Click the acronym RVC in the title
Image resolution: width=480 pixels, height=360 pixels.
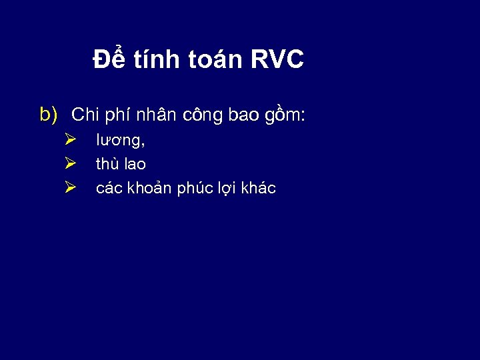tap(277, 59)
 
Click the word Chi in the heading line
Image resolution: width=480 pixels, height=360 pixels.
tap(85, 115)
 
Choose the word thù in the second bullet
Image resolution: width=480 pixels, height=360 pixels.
tap(107, 164)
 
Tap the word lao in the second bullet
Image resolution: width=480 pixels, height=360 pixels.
tap(135, 164)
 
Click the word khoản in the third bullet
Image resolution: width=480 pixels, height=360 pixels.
tap(147, 188)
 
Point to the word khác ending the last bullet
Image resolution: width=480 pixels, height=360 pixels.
tap(259, 188)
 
